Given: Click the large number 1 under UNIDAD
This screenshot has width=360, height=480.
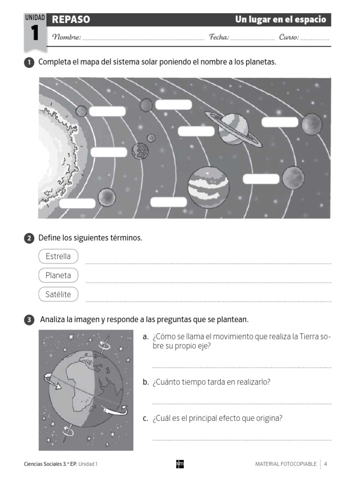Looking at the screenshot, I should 34,34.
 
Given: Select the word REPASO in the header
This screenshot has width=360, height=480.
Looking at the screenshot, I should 71,20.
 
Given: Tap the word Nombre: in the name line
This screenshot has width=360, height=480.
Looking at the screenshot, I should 67,37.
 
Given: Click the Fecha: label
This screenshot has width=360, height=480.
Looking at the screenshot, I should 219,37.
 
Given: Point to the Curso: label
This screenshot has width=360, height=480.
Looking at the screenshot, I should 289,37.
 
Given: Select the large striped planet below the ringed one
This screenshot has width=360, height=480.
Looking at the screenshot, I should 209,187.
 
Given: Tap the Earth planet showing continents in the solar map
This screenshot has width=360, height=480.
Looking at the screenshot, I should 140,151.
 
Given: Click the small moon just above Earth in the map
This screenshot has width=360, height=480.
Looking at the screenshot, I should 151,138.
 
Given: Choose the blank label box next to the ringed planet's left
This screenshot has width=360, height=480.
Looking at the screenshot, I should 196,131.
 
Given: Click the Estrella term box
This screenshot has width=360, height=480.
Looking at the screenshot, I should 58,256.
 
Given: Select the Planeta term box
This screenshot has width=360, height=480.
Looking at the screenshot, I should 58,276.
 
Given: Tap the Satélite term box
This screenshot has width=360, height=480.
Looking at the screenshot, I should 58,294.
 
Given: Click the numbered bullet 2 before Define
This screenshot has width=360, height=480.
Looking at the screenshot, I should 29,239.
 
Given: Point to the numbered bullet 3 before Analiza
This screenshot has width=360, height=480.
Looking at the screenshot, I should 29,320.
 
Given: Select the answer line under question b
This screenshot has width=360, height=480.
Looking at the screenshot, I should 241,403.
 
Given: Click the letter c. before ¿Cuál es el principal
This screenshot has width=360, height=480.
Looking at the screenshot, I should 146,419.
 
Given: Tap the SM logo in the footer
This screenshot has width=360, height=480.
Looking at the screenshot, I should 180,464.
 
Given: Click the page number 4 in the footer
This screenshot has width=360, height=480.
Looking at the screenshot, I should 325,464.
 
